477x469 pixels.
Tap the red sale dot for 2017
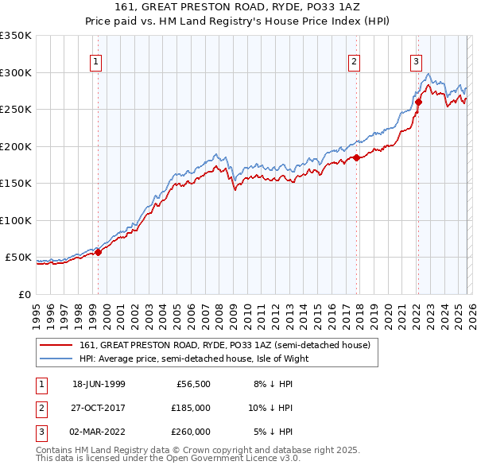[x=356, y=157]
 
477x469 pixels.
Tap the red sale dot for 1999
[x=99, y=253]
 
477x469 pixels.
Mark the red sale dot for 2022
[x=418, y=102]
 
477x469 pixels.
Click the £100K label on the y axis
[x=16, y=220]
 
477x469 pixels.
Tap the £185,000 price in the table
[x=191, y=408]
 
